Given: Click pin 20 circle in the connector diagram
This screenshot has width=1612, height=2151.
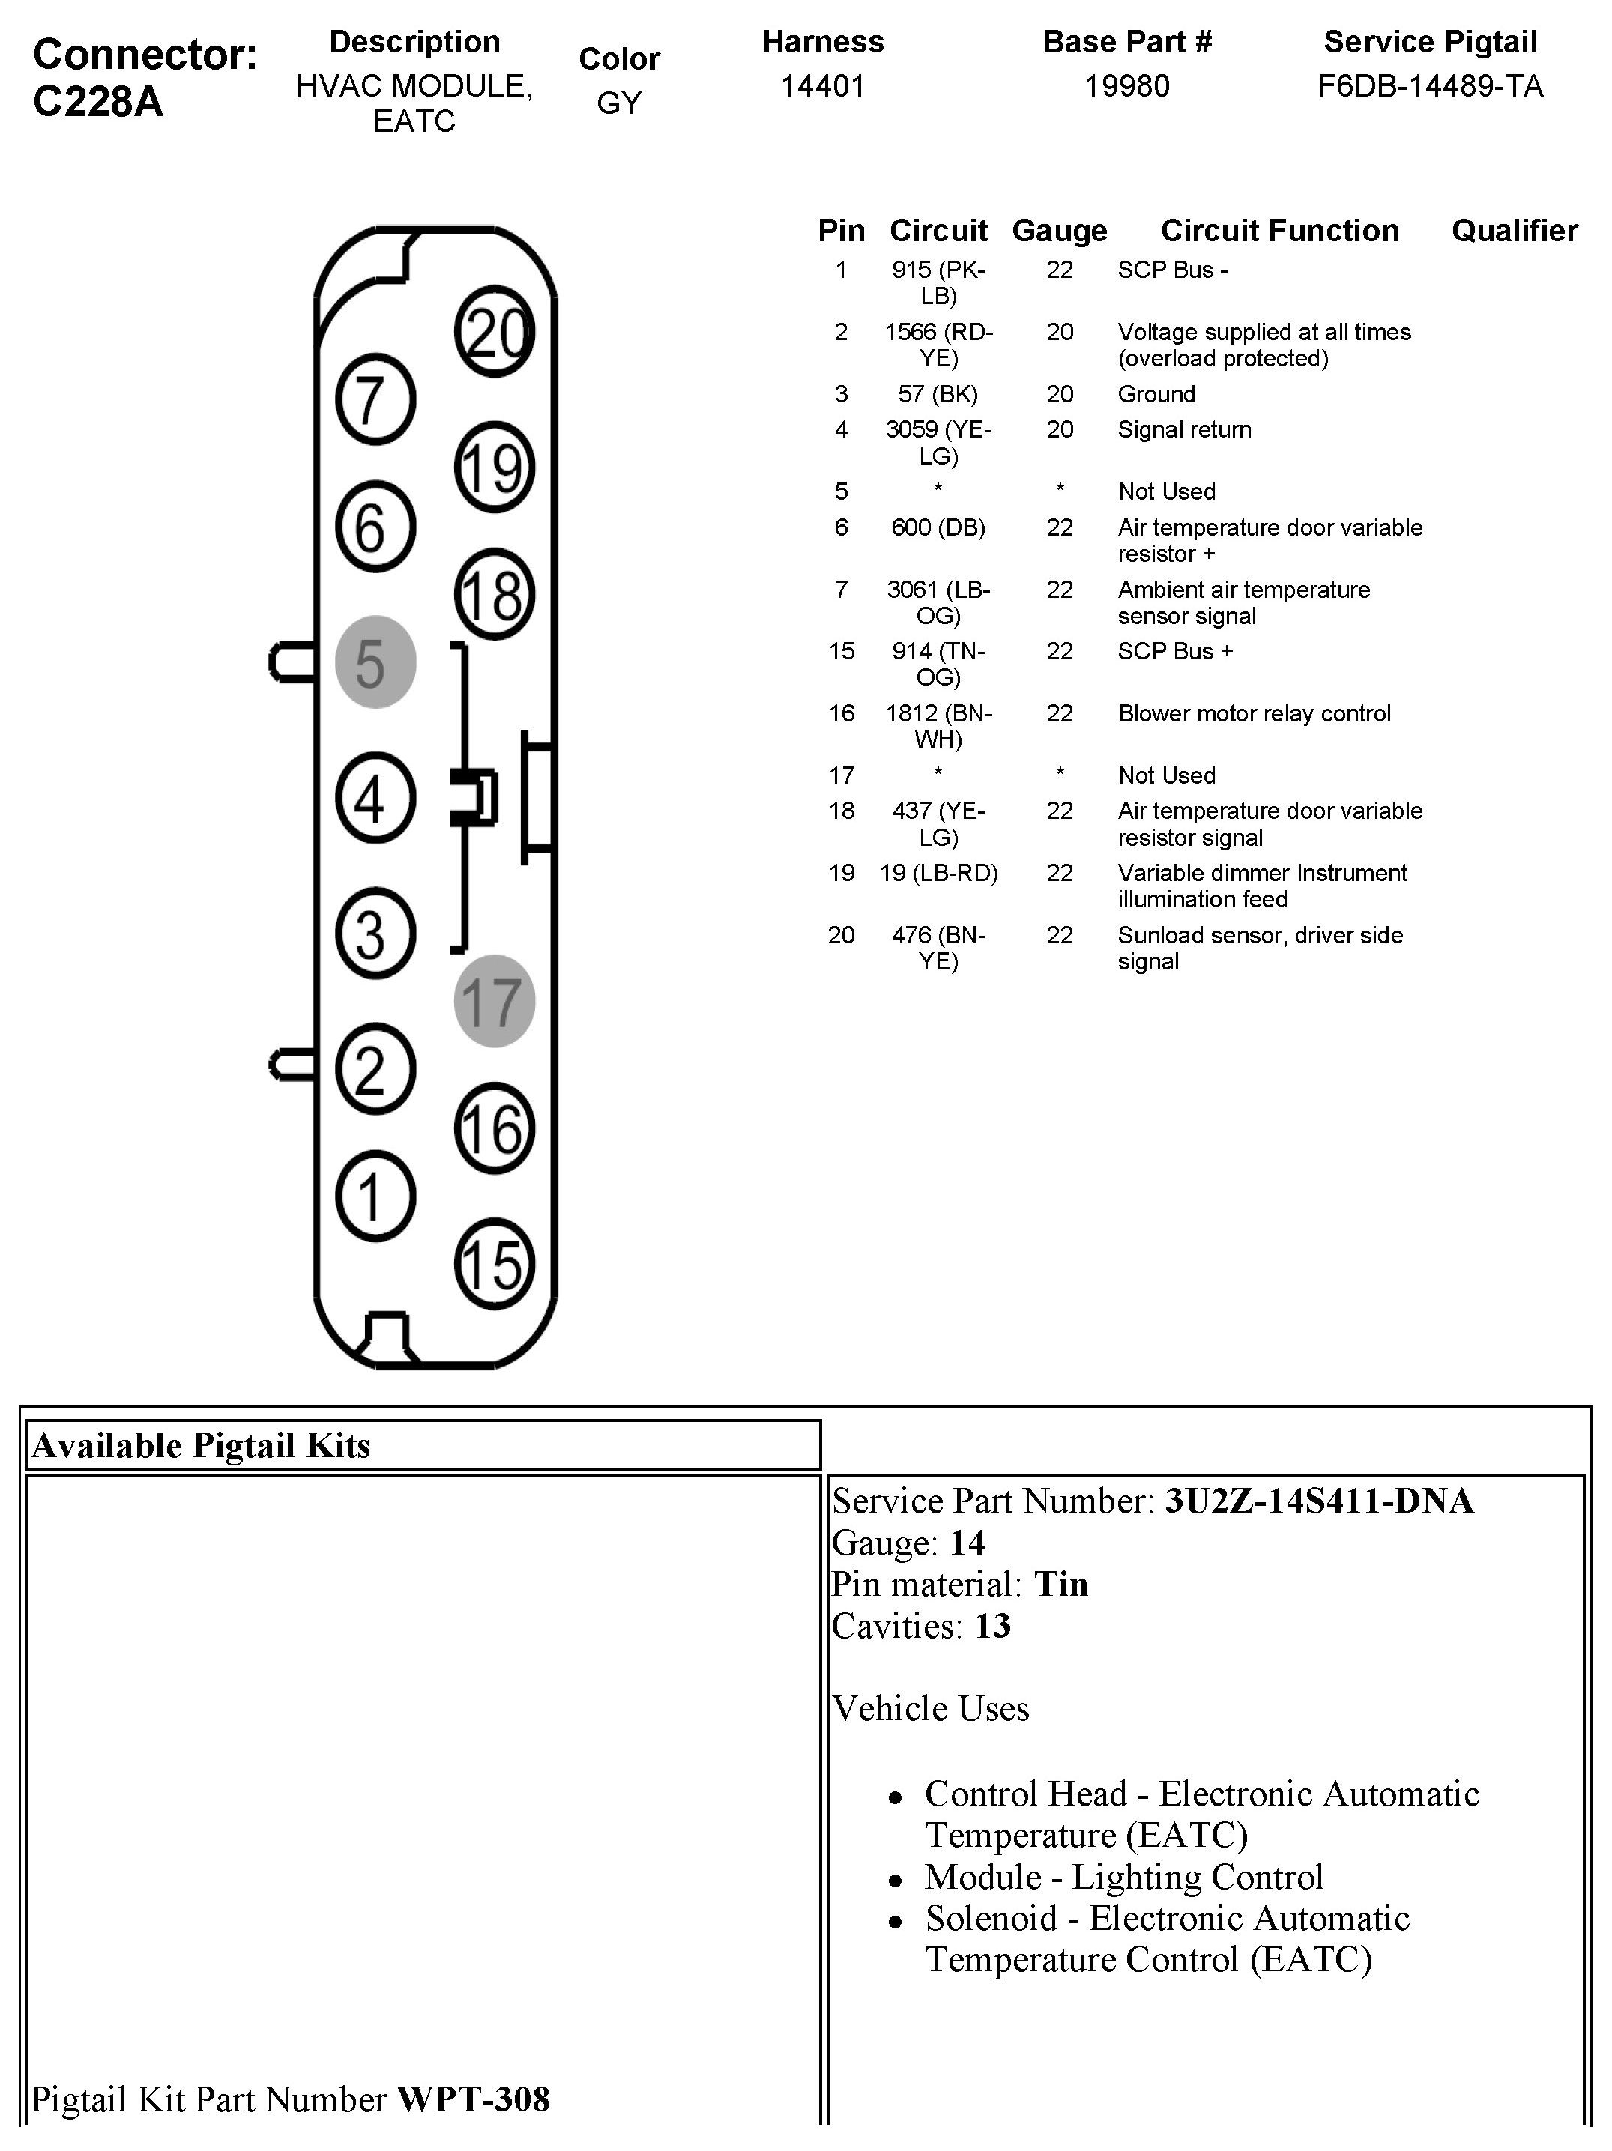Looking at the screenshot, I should point(494,332).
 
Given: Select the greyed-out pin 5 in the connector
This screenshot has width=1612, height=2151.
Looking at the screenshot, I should point(375,662).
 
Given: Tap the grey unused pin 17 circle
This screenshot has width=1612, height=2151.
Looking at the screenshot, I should point(494,1001).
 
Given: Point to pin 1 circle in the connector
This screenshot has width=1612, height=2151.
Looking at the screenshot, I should point(375,1196).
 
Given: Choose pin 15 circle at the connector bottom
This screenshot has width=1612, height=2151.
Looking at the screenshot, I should point(494,1264).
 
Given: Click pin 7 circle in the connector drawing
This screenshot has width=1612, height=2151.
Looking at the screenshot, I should point(375,399).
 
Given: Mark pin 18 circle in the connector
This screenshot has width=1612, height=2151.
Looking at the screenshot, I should point(494,595).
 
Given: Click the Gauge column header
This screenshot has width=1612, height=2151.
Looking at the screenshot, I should point(1060,231).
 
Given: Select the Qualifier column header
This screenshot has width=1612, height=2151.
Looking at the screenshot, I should point(1514,231).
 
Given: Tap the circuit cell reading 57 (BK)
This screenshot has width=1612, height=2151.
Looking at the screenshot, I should point(938,394).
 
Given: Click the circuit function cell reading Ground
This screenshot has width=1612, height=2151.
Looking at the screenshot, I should point(1156,394).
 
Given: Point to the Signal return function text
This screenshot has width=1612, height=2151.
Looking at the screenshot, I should point(1184,429).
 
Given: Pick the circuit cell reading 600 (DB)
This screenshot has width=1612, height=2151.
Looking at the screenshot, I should point(938,527).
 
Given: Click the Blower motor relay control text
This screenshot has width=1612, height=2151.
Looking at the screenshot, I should point(1254,713).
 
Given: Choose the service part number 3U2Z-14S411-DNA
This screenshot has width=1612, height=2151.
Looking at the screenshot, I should point(1318,1501).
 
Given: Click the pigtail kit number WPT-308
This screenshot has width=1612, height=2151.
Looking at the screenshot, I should point(474,2099).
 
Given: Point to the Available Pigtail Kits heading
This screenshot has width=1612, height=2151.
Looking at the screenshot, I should point(202,1445).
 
